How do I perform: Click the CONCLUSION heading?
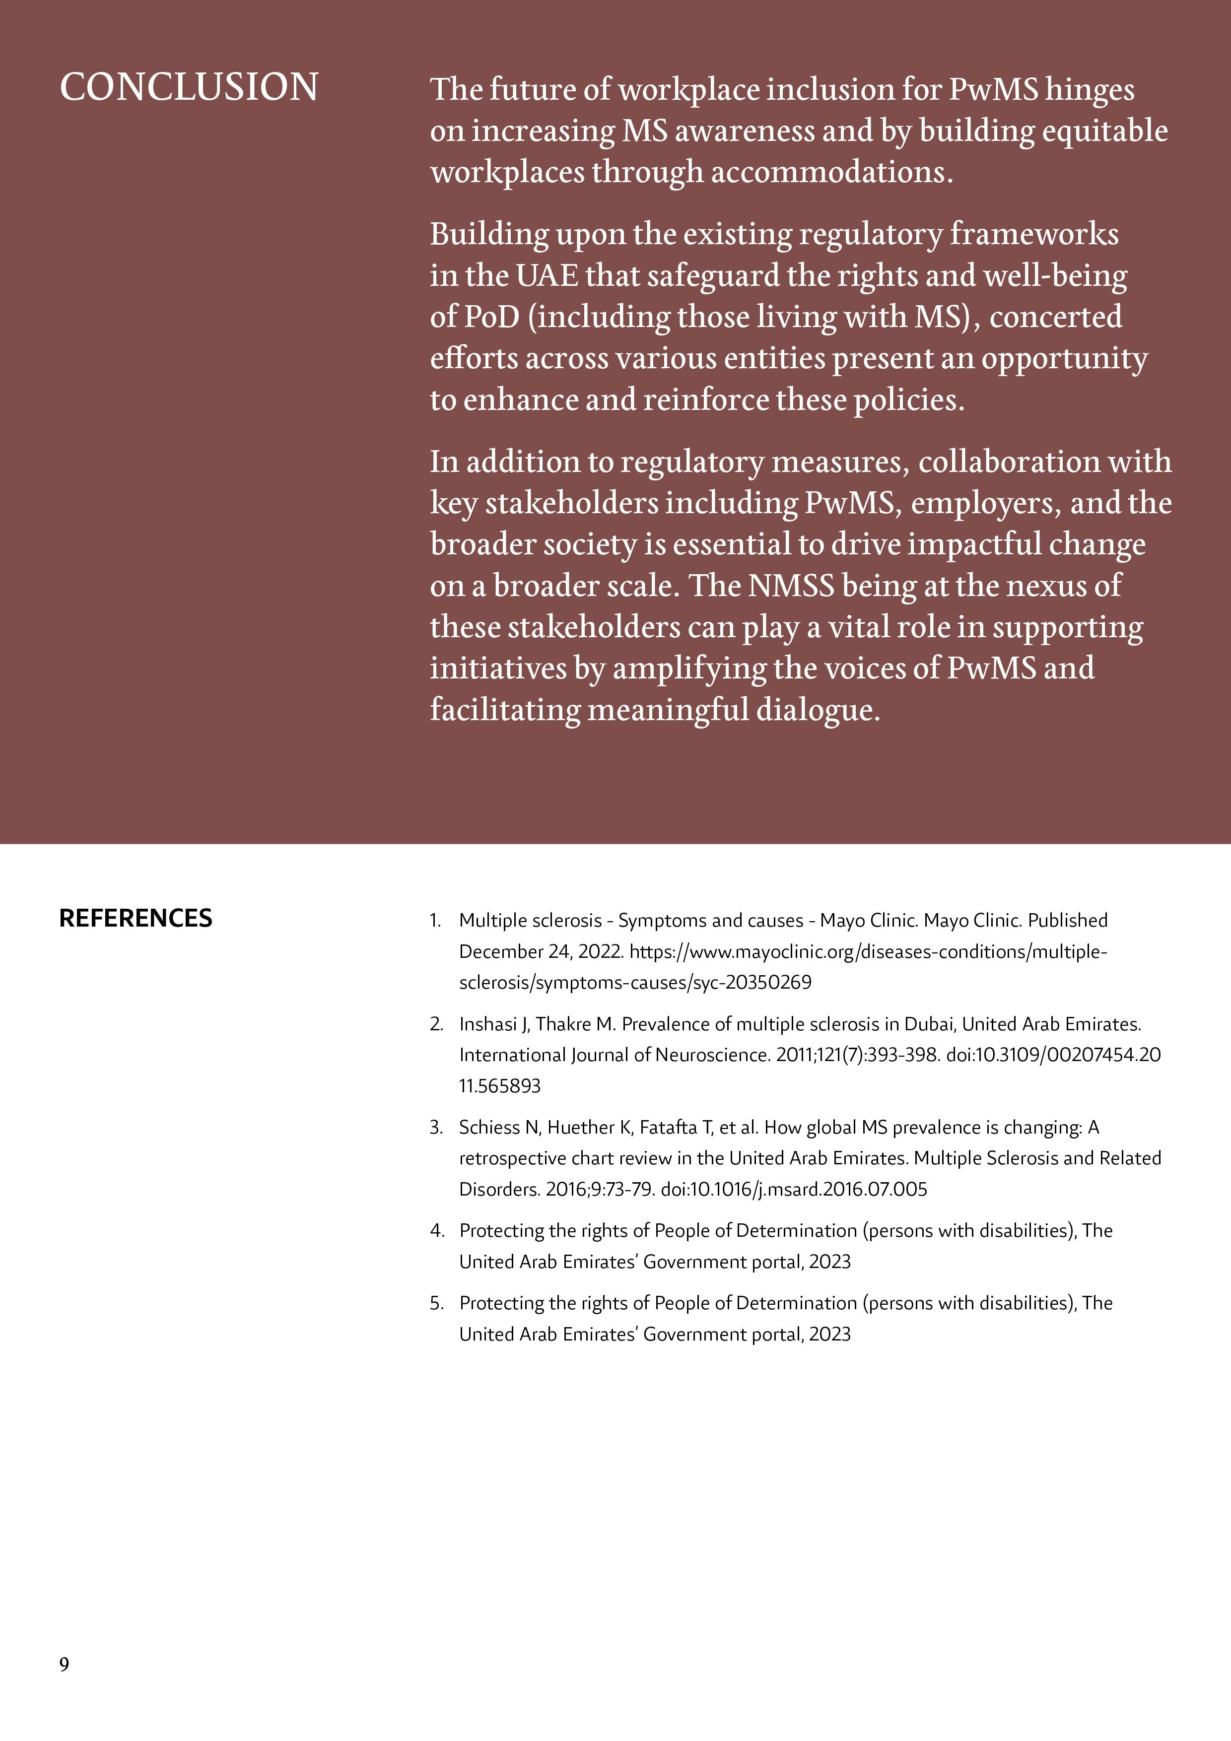coord(189,87)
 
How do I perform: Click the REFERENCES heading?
coord(136,918)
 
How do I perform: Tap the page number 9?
coord(65,1664)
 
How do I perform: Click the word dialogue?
coord(817,710)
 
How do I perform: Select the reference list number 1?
coord(435,921)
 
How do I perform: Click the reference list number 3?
coord(435,1128)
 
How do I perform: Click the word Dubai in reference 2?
coord(930,1024)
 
